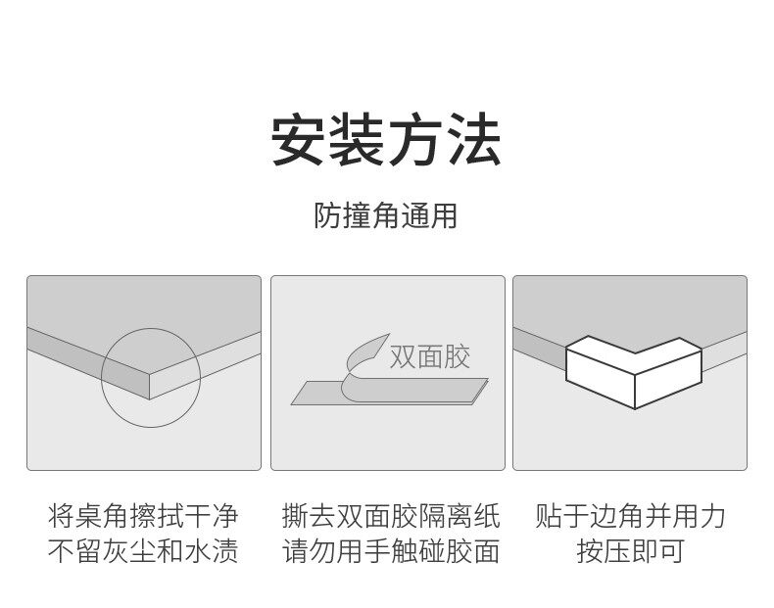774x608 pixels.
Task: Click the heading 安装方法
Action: point(386,141)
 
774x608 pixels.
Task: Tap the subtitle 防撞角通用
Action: point(386,215)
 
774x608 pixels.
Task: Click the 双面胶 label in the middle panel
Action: point(430,356)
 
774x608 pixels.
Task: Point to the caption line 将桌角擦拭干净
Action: point(143,516)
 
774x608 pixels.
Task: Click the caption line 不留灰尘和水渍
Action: point(143,551)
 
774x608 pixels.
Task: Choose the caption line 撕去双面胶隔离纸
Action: point(390,516)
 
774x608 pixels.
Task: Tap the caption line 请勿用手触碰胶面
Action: point(390,551)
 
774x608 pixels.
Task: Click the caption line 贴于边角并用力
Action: point(630,516)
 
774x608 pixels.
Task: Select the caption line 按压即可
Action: point(630,551)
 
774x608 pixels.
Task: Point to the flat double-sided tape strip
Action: point(411,393)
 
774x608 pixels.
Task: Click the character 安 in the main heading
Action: point(299,141)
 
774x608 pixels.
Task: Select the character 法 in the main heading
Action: point(473,141)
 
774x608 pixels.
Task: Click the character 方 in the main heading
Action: point(415,141)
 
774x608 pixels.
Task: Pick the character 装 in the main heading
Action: point(357,141)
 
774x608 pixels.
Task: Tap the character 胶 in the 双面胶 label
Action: point(457,356)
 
